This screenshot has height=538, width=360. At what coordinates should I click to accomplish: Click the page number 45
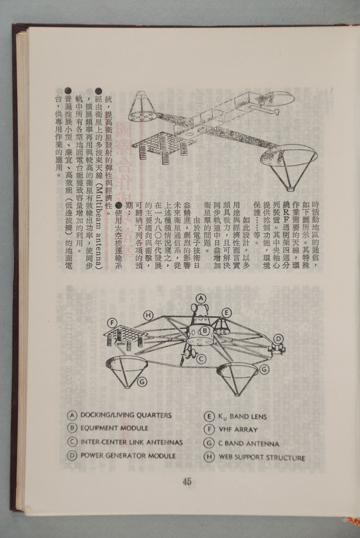pyautogui.click(x=187, y=482)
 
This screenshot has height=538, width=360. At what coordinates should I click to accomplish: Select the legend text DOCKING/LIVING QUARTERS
pyautogui.click(x=126, y=415)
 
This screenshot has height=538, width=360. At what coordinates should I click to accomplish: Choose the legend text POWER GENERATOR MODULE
pyautogui.click(x=128, y=456)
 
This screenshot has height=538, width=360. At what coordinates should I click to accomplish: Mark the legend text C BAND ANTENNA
pyautogui.click(x=248, y=444)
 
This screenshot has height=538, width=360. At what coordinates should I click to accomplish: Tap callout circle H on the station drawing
pyautogui.click(x=148, y=315)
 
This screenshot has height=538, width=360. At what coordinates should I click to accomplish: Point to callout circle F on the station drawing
pyautogui.click(x=112, y=322)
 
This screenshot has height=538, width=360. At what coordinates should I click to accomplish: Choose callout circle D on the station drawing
pyautogui.click(x=279, y=339)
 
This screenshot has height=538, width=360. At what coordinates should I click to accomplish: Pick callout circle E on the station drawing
pyautogui.click(x=227, y=312)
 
